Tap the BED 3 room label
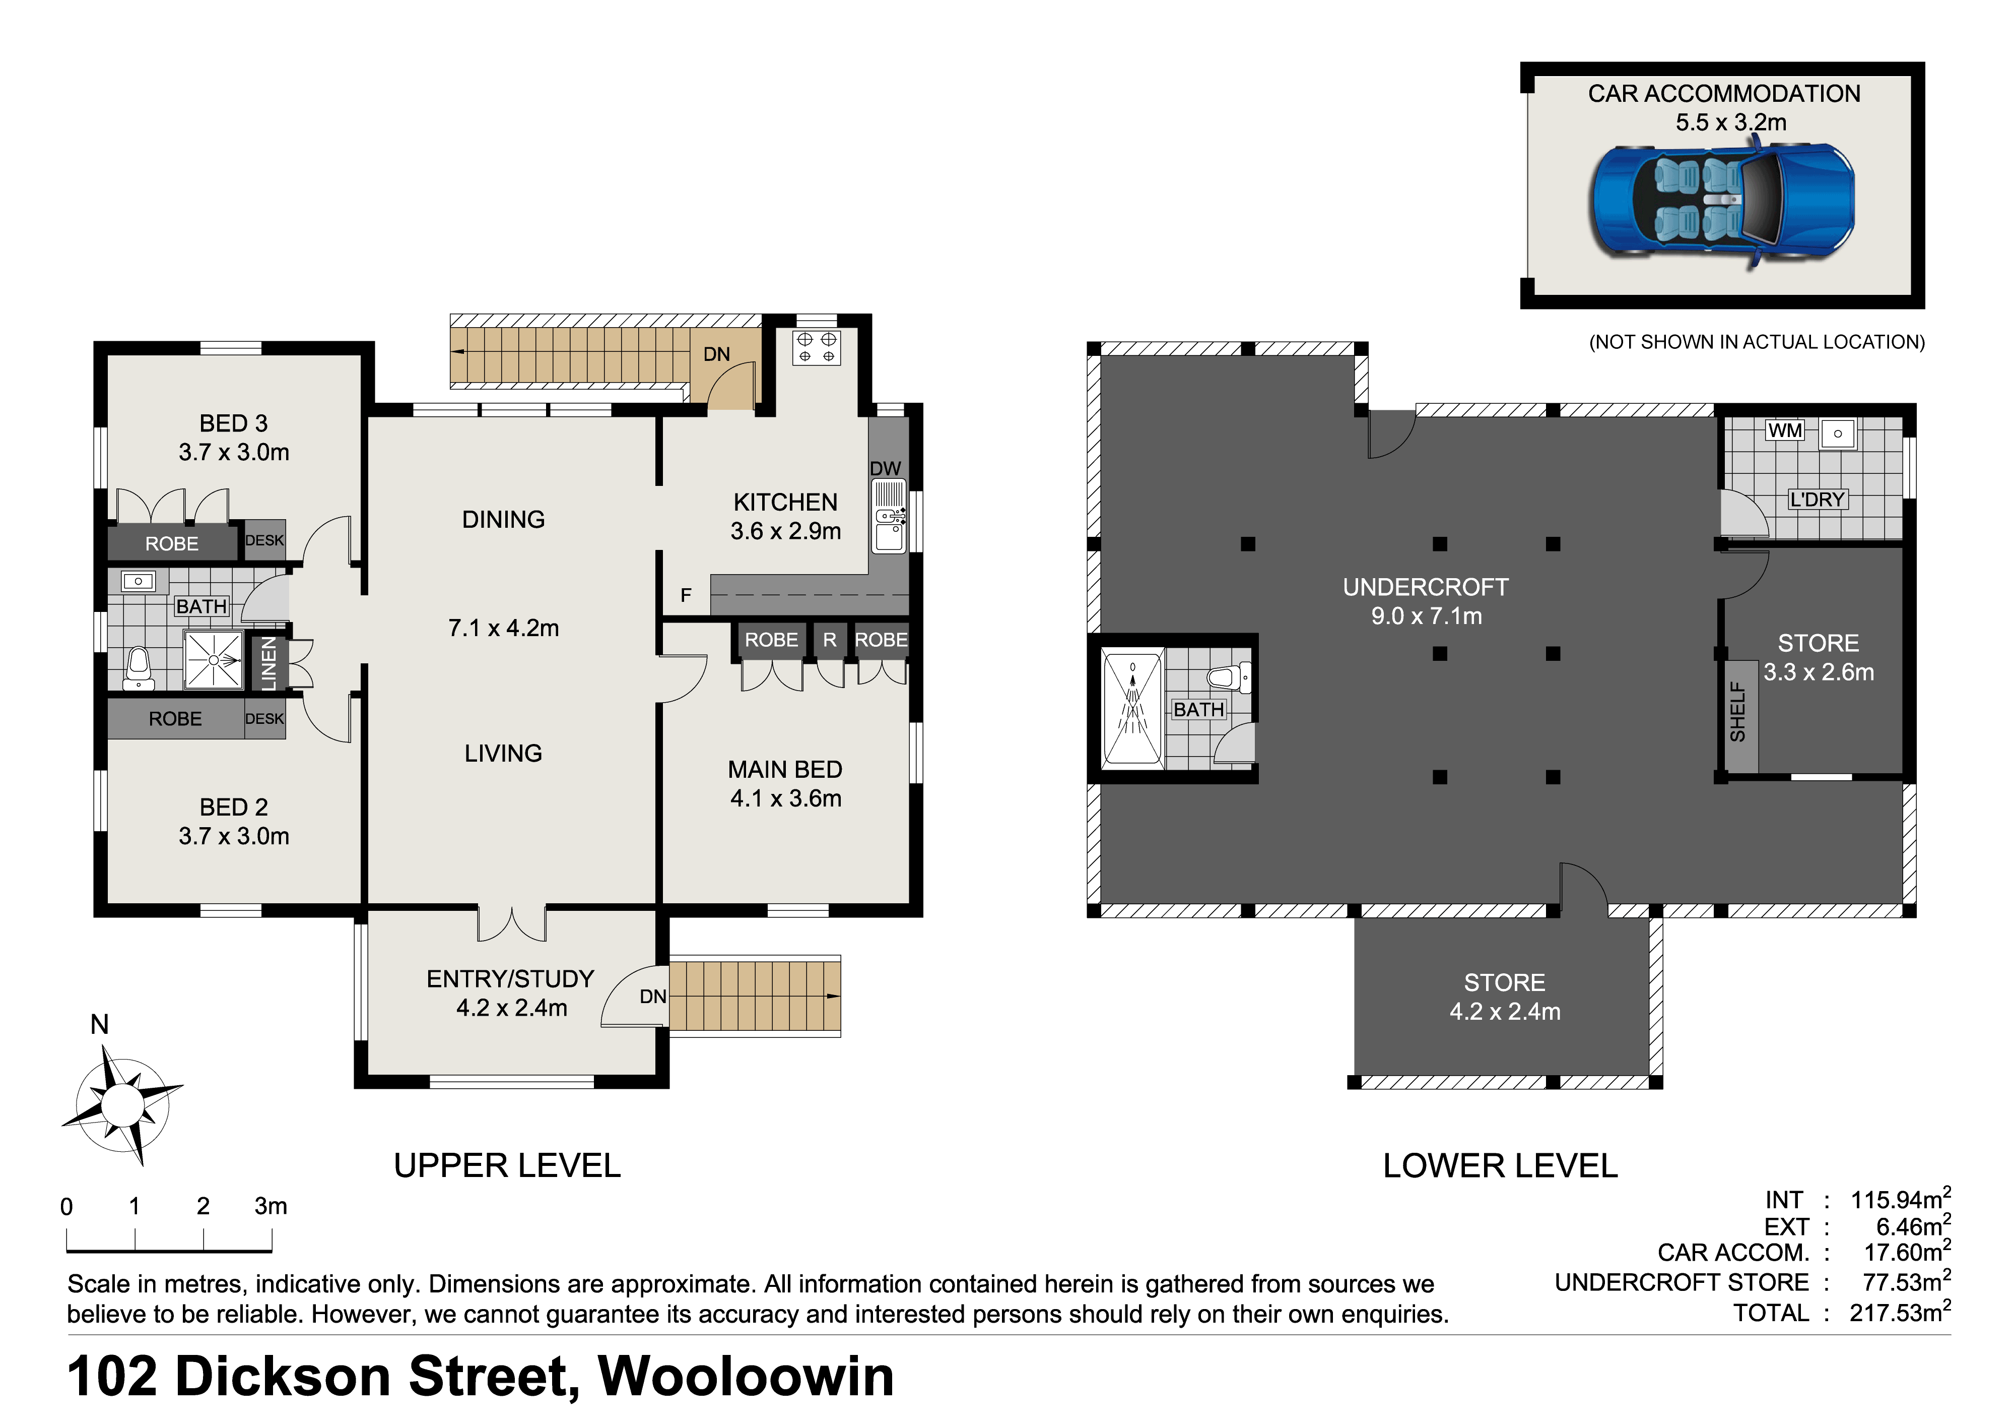[x=233, y=423]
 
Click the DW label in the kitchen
[x=886, y=469]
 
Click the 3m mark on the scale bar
[x=271, y=1206]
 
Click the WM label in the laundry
[x=1785, y=430]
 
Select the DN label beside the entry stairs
[x=653, y=997]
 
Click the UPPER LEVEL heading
[x=507, y=1166]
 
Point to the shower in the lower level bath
[x=1132, y=708]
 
